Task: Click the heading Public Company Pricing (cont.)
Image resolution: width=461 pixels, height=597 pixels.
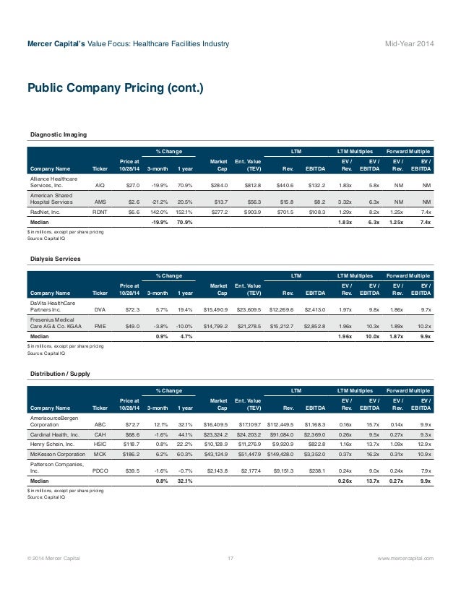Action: (116, 89)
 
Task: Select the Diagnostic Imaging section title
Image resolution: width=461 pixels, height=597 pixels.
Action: (59, 135)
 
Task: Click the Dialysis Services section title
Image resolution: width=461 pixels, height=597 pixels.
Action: (56, 258)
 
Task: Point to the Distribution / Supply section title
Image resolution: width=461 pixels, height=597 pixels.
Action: (61, 374)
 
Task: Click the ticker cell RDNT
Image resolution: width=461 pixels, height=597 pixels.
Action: (99, 213)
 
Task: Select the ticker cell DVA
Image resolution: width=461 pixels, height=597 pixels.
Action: (99, 309)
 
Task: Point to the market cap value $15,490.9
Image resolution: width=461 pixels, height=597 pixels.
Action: (216, 309)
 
